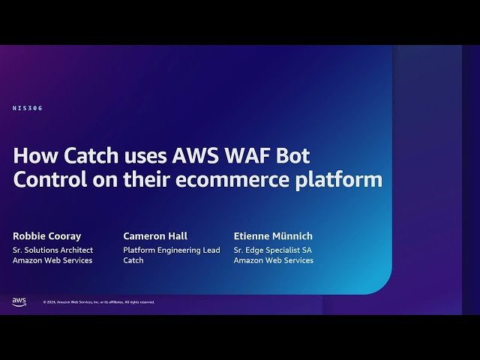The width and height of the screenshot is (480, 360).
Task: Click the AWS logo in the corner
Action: (x=19, y=301)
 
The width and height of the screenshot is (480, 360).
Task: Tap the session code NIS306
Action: (x=28, y=108)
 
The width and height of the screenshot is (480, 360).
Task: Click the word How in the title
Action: (x=31, y=156)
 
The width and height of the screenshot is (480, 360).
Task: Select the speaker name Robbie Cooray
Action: (x=46, y=235)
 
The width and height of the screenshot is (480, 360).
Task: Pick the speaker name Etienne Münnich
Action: (x=274, y=235)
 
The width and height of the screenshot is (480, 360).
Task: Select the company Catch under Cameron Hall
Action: (x=134, y=260)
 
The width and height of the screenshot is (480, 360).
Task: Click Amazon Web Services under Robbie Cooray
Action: (x=52, y=260)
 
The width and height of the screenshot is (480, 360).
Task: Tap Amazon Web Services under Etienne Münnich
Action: (x=274, y=260)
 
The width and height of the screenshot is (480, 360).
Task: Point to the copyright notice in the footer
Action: (x=98, y=302)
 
